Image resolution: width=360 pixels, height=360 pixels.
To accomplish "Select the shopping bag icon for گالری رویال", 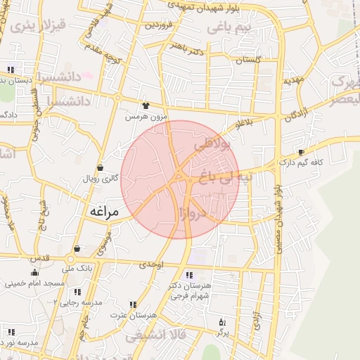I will [x=100, y=168].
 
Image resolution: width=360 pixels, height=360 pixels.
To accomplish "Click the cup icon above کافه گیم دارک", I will [x=301, y=153].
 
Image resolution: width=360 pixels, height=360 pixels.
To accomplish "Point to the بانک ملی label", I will [x=77, y=268].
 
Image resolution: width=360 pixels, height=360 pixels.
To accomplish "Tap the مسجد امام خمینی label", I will [x=35, y=283].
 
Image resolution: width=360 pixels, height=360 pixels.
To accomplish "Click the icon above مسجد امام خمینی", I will [x=34, y=273].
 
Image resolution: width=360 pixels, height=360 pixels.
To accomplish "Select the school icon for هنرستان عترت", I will [x=133, y=304].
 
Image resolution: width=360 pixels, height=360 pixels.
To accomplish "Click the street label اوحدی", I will [x=151, y=265].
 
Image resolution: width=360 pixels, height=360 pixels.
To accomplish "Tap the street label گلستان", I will [x=248, y=60].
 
